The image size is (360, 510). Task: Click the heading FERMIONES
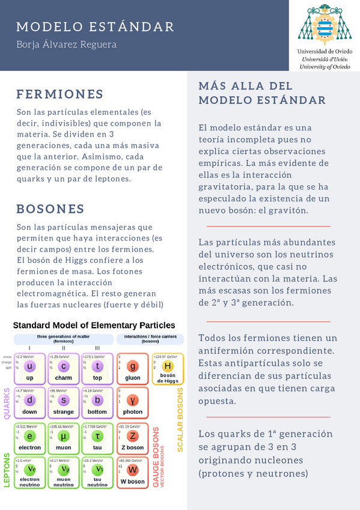pos(60,94)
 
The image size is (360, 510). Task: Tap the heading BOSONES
pos(50,209)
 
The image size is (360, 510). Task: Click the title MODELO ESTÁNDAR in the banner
pos(95,27)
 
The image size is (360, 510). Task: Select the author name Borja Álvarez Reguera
pos(66,45)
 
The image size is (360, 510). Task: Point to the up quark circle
pos(31,366)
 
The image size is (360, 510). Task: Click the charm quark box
pos(64,368)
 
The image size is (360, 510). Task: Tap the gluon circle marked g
pos(133,366)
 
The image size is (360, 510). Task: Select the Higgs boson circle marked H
pos(168,366)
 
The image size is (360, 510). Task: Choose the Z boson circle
pos(133,435)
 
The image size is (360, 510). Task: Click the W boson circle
pos(133,469)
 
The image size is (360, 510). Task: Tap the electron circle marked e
pos(31,435)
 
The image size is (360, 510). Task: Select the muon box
pos(64,437)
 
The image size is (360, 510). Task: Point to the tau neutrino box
pos(97,472)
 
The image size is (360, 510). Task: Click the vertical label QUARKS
pos(8,402)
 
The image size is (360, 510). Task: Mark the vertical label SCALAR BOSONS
pos(180,419)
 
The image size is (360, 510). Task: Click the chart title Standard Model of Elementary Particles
pos(94,325)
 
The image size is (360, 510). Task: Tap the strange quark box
pos(64,402)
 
